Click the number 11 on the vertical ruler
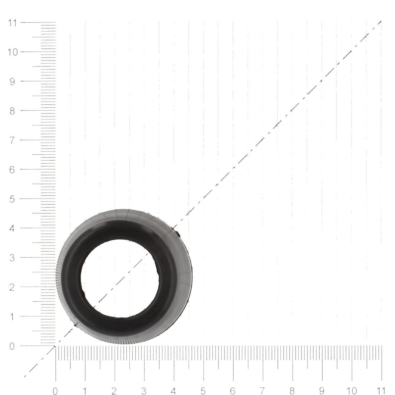(x=12, y=23)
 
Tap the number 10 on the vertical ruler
(x=13, y=52)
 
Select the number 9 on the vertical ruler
(x=12, y=82)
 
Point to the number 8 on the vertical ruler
(x=12, y=111)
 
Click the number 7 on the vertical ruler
(x=12, y=141)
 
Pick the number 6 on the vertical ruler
(x=12, y=170)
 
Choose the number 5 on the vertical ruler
(x=12, y=199)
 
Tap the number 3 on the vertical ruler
(x=12, y=258)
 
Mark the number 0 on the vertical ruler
(x=12, y=346)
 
